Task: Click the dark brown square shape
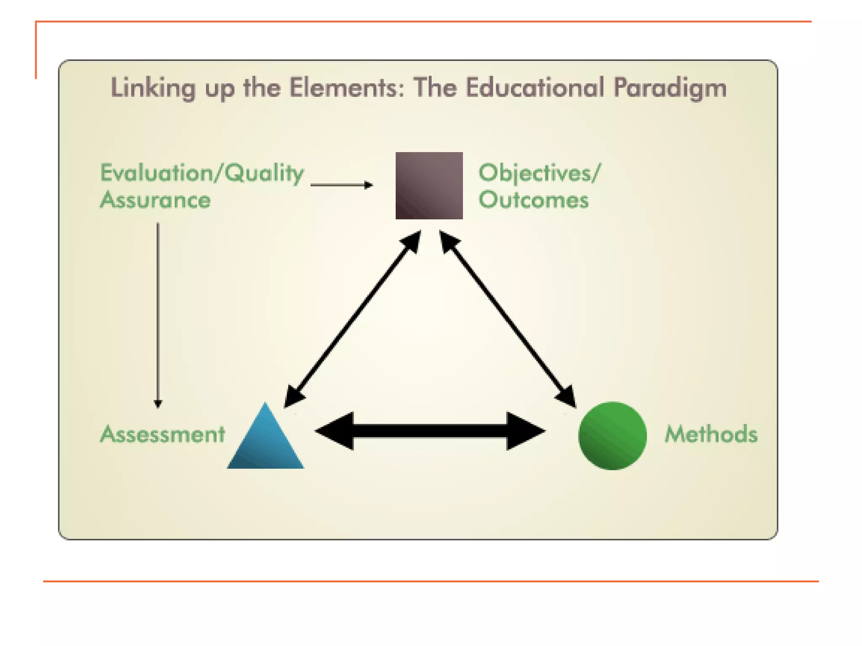(429, 185)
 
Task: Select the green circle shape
(612, 436)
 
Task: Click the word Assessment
(162, 434)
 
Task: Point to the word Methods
(711, 434)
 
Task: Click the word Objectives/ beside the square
(540, 173)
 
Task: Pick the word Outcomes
(533, 200)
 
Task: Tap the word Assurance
(155, 200)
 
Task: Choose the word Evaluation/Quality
(202, 173)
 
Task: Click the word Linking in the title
(153, 88)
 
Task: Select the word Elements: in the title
(347, 88)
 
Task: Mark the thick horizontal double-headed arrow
(430, 431)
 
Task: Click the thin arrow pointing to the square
(341, 185)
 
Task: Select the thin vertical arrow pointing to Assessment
(158, 315)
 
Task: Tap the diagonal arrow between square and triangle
(353, 319)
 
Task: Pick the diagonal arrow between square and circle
(508, 319)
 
